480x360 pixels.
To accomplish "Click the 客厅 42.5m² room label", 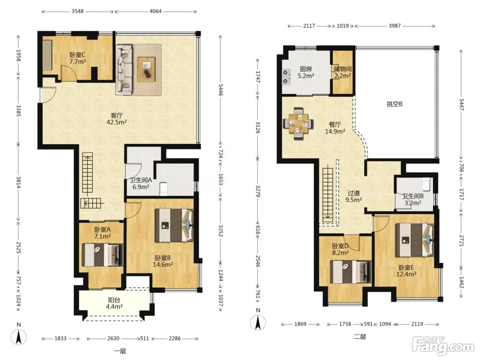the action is (x=117, y=119).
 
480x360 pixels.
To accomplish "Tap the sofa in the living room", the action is (x=124, y=70).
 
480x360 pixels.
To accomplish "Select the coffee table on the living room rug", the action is (x=146, y=69).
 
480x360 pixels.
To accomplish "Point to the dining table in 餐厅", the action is (x=298, y=123).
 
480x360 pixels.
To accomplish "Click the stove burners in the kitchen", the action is (x=285, y=77).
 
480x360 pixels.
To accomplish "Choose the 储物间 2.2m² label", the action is (x=343, y=72).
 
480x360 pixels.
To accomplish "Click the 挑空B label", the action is (x=395, y=104).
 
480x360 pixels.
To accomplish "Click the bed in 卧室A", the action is (x=102, y=255).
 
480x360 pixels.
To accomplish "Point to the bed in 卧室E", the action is (x=415, y=240).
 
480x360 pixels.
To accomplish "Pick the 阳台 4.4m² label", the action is (x=114, y=303).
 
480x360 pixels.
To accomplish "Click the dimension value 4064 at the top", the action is (x=155, y=11).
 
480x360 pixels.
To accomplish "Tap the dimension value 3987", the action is (x=395, y=26).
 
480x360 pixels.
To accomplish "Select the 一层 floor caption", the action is (x=120, y=351).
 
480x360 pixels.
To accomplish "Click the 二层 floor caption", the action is (x=360, y=337).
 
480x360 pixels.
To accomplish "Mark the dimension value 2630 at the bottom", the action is (x=113, y=338).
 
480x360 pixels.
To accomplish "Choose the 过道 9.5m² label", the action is (x=353, y=196).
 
